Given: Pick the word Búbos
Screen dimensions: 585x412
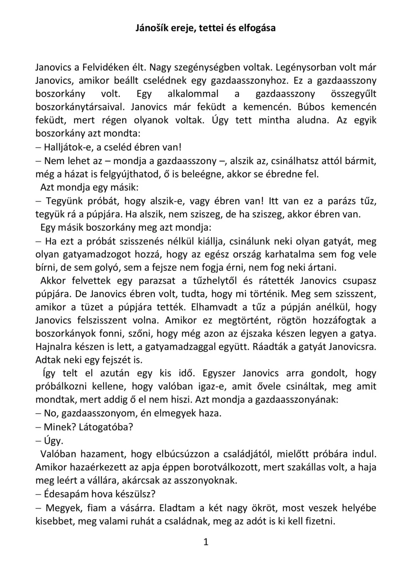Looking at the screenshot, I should tap(312, 107).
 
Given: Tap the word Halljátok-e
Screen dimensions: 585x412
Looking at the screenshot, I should tap(68, 147).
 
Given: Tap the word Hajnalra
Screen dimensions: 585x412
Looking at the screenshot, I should tap(54, 347).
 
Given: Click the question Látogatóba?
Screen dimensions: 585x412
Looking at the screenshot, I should tap(106, 427).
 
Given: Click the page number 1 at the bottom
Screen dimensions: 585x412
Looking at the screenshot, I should tap(206, 542).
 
